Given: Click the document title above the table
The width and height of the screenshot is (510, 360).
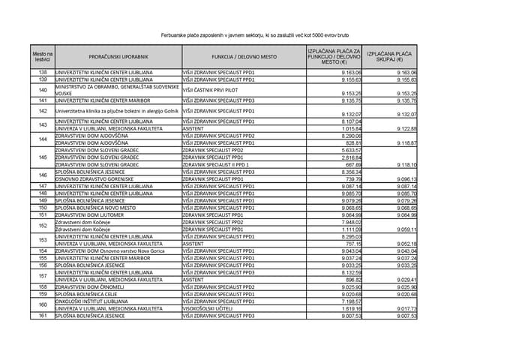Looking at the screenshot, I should [x=255, y=35].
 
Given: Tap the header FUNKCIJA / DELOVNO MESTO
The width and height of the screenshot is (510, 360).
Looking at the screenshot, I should [x=244, y=57].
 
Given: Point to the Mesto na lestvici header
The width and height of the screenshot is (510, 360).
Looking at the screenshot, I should [x=43, y=57].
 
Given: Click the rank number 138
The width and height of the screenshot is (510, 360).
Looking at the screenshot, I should [x=43, y=73].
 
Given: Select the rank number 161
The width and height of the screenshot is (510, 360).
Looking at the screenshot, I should [x=43, y=316].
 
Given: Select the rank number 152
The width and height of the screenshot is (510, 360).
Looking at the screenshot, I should [x=43, y=225].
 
